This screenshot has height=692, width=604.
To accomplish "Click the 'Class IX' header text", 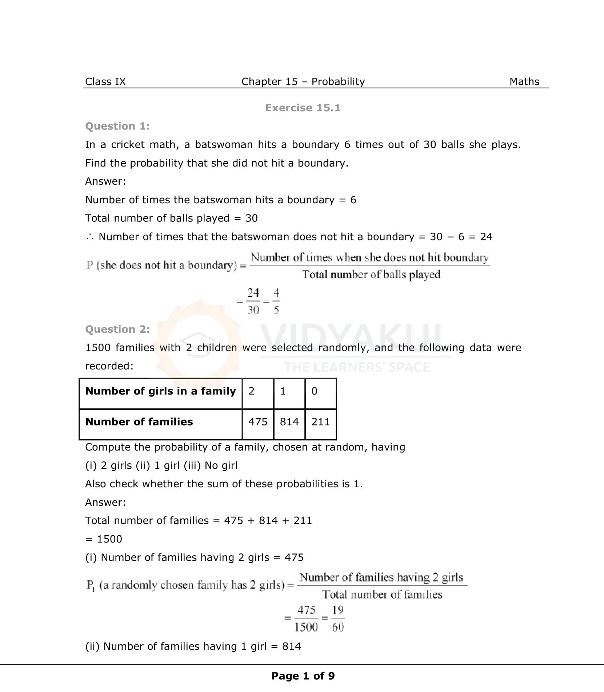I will (x=105, y=81).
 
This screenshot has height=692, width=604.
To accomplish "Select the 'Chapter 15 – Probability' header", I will (x=303, y=81).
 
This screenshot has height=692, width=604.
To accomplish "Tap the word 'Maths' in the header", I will (x=524, y=81).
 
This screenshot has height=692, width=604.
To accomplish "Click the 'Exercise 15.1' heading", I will (x=303, y=108).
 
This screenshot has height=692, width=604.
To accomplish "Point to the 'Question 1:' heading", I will (x=117, y=126).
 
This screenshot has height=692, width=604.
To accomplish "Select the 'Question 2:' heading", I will (x=117, y=329).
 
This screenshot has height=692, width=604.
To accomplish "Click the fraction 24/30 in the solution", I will (x=253, y=301).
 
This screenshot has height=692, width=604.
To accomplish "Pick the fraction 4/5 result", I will (x=276, y=301).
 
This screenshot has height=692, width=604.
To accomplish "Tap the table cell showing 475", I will (x=257, y=422).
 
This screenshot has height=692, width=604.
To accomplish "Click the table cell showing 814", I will (x=289, y=422).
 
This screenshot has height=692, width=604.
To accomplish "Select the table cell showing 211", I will (x=320, y=422).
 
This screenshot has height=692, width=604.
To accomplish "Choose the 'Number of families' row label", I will (x=139, y=422).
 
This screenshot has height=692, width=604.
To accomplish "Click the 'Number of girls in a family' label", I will (x=160, y=391).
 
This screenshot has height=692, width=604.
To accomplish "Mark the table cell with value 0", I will (x=315, y=391).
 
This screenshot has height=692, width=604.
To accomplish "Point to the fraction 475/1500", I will (x=306, y=619).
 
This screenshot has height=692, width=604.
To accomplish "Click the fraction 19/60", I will (x=338, y=619).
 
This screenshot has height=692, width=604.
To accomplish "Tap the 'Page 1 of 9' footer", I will (x=303, y=676).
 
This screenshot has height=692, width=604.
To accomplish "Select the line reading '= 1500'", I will (x=104, y=539).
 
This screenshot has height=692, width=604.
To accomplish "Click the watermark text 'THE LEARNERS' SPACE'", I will (x=357, y=367).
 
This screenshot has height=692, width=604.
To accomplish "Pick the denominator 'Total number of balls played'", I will (x=371, y=275).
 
